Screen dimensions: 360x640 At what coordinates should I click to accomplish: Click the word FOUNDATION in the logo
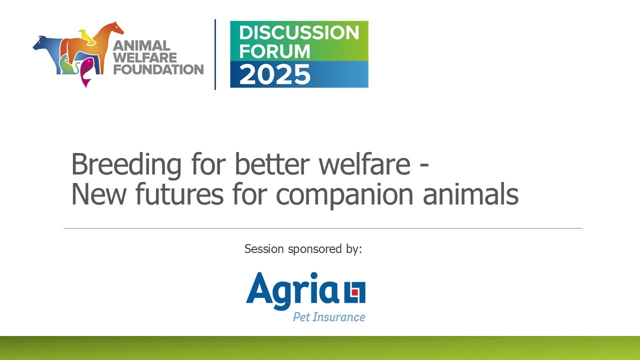point(158,69)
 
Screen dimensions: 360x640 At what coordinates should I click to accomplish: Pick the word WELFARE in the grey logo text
point(145,57)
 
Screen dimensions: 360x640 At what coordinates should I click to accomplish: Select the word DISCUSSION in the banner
point(299,33)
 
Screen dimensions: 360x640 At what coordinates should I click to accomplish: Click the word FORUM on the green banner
point(274,50)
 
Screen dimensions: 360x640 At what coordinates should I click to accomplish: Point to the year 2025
point(274,74)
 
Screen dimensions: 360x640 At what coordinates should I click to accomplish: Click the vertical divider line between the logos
point(215,54)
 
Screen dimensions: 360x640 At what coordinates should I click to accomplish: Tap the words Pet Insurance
point(328,317)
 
